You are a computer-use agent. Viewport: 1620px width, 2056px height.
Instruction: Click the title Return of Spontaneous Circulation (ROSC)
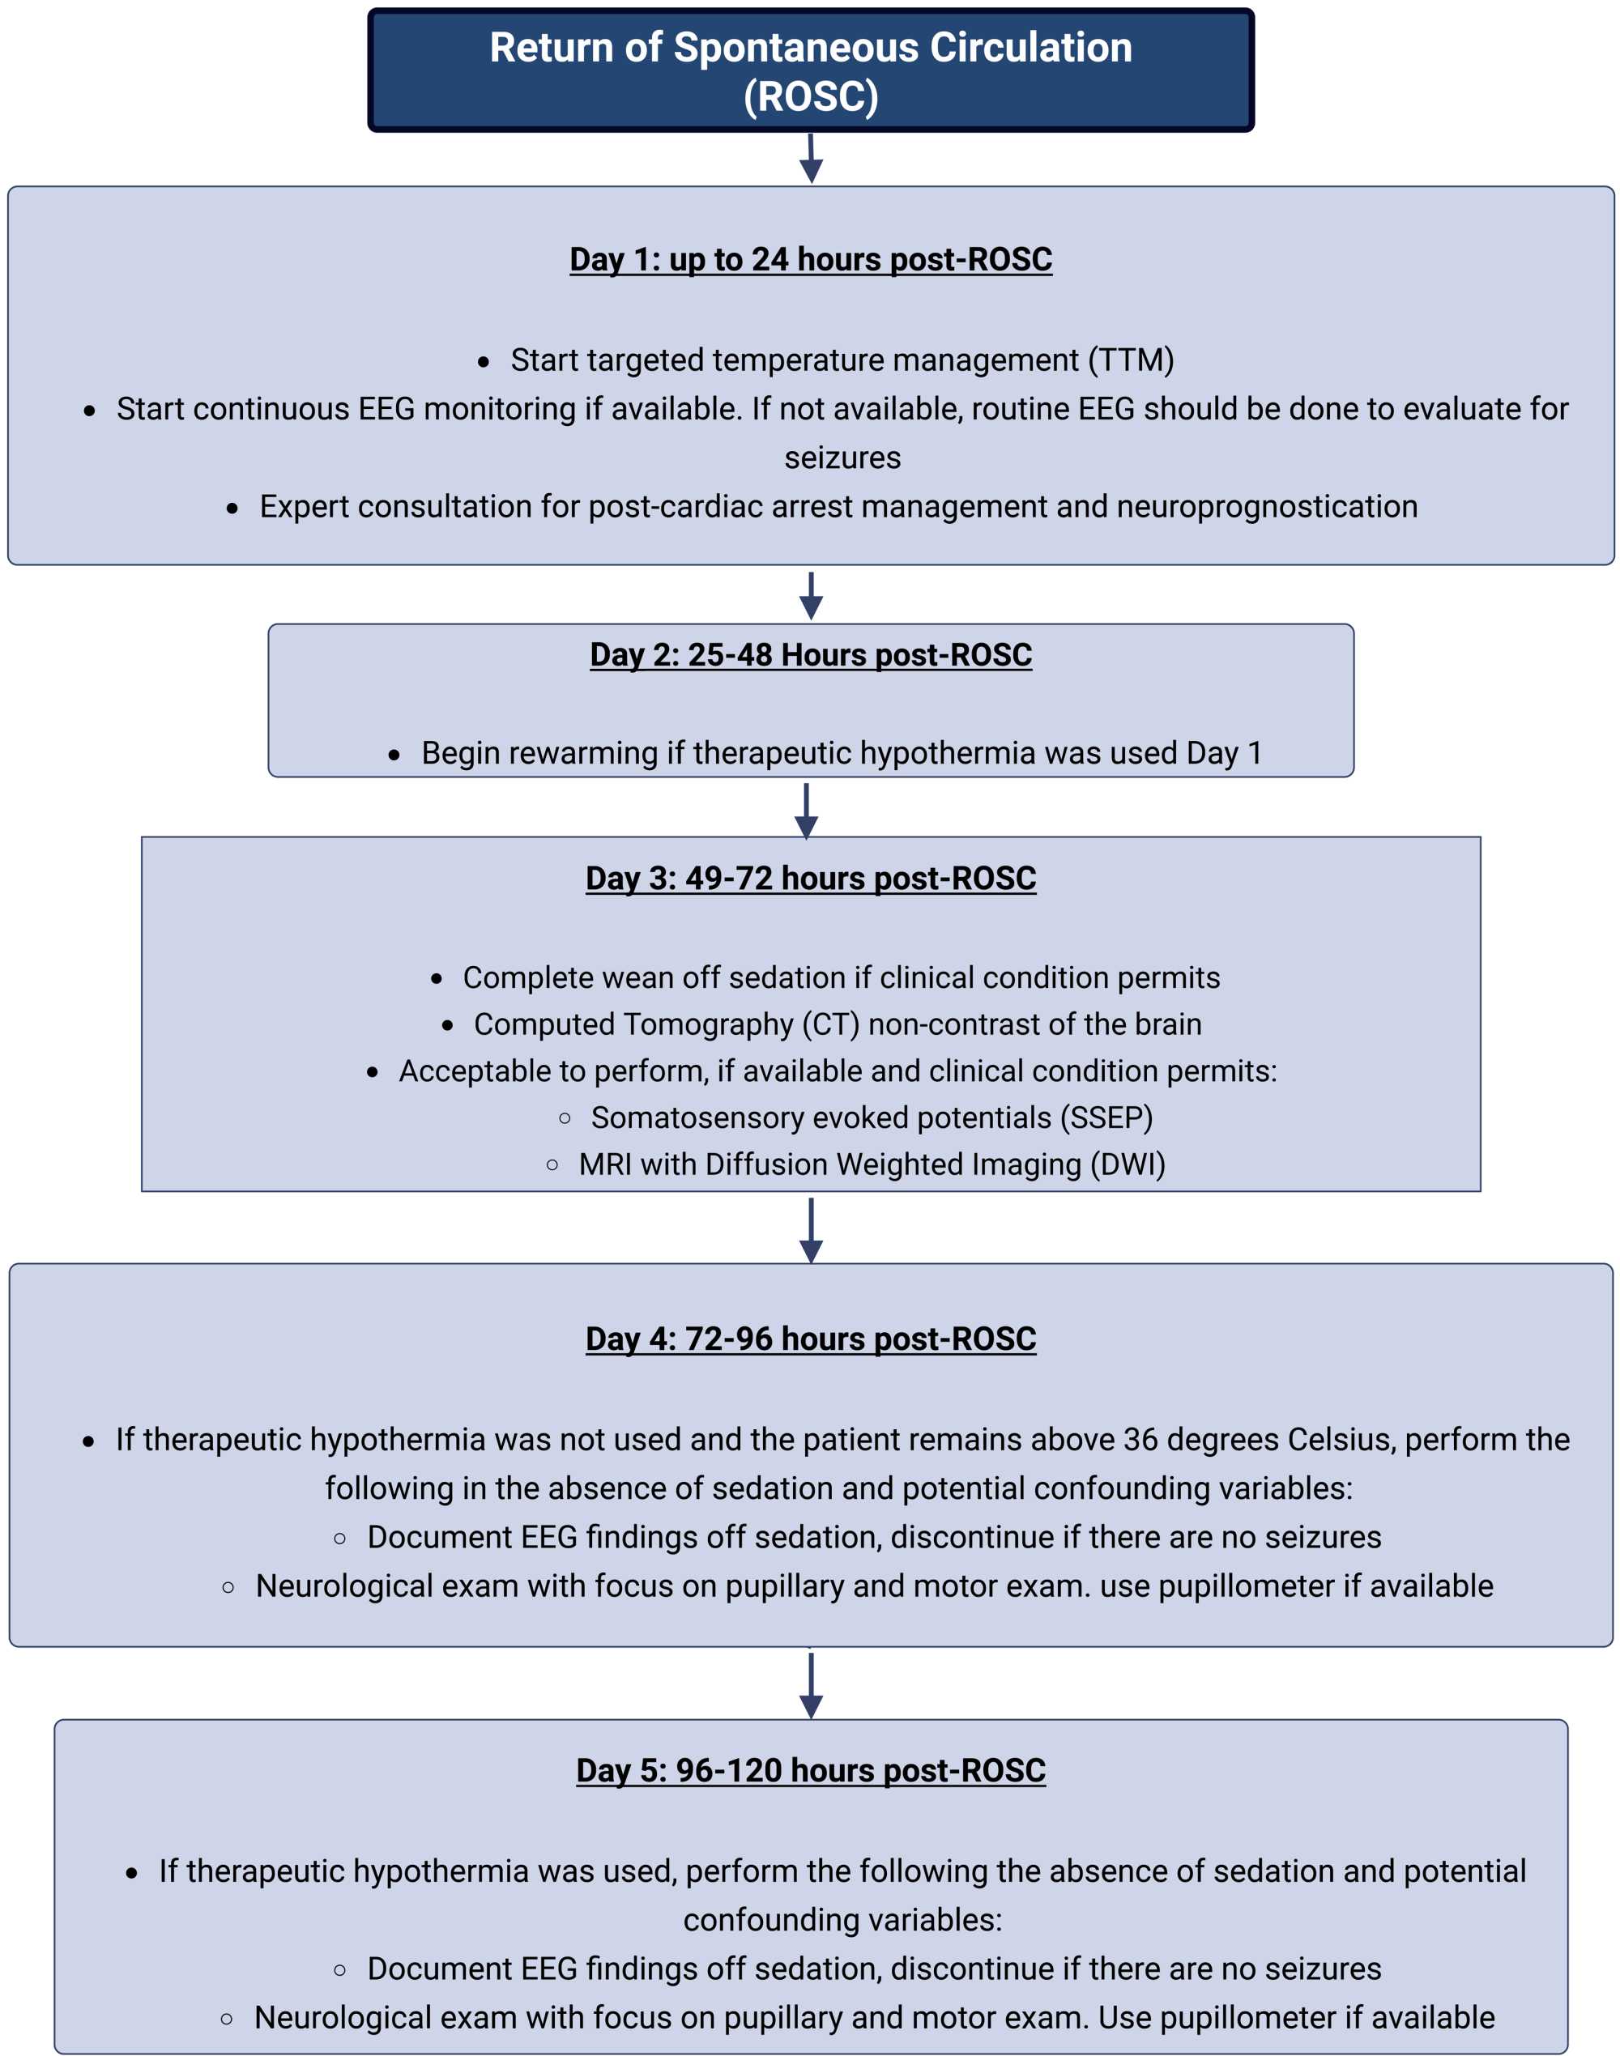point(810,71)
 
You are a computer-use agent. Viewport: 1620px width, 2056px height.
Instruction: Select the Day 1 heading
point(810,259)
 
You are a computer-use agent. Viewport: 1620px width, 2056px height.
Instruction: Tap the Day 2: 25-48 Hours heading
point(810,654)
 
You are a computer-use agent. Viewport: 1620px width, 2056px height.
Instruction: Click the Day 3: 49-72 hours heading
point(810,878)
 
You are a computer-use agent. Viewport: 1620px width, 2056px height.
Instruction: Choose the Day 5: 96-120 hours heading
point(810,1769)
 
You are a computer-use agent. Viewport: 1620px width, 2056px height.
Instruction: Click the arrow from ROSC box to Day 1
point(810,159)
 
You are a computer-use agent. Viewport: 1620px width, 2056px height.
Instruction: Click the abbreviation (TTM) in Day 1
point(1131,360)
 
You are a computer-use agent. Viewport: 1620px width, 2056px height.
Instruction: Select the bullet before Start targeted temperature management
point(484,361)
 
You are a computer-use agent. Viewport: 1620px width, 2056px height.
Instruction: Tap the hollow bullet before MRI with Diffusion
point(552,1164)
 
